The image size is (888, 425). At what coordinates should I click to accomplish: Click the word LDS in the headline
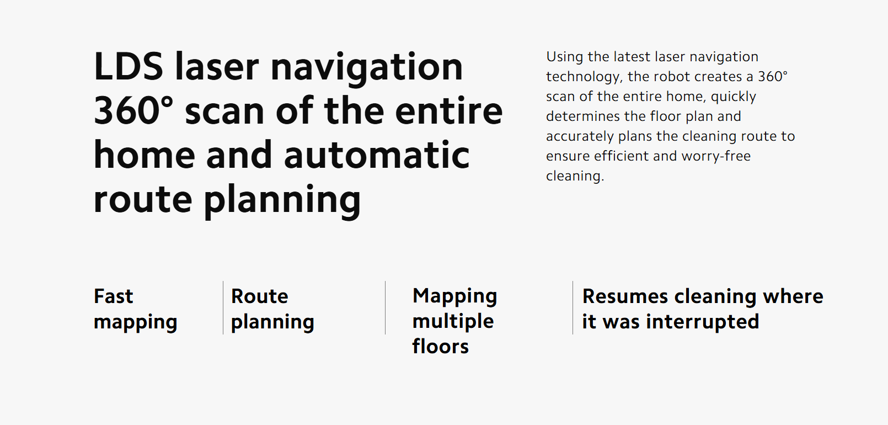[128, 66]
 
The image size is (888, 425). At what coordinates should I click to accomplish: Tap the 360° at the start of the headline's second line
[133, 111]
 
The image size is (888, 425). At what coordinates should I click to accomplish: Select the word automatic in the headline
[377, 155]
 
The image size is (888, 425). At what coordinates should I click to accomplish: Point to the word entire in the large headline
[449, 111]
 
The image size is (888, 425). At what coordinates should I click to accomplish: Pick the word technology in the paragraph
[584, 77]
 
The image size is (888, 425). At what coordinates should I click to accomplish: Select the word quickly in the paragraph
[734, 97]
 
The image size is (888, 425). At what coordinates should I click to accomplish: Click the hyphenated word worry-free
[716, 156]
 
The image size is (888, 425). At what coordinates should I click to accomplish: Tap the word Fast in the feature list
[114, 296]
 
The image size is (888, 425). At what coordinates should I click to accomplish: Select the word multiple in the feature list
[453, 321]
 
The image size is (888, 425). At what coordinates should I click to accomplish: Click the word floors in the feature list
[441, 346]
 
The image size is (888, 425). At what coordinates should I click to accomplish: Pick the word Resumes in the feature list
[625, 296]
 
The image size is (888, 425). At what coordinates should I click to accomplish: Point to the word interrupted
[703, 321]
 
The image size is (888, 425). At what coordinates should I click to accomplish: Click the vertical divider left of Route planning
[223, 307]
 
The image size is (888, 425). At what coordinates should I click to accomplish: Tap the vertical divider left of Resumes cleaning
[573, 307]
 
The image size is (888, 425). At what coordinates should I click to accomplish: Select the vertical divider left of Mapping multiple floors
[386, 307]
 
